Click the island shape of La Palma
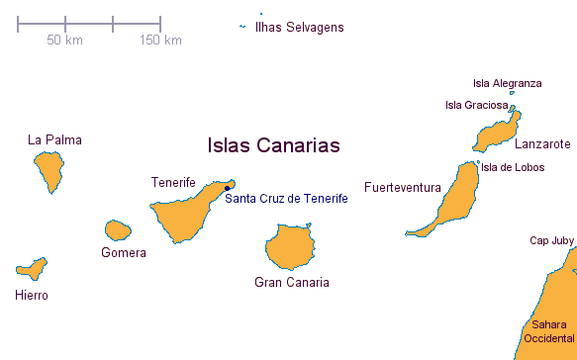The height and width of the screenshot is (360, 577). tap(49, 170)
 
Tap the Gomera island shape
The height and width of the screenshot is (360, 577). tap(118, 230)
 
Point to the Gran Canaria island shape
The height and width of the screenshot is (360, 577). tap(290, 246)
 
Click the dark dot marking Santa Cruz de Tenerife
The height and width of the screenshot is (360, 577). tap(227, 188)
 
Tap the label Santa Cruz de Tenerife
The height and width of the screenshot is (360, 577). tap(286, 199)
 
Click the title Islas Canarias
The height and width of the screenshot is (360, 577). tap(273, 145)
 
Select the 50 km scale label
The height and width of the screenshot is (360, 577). tap(64, 41)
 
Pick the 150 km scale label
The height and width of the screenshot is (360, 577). tap(160, 41)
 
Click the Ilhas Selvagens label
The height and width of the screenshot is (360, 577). tap(300, 28)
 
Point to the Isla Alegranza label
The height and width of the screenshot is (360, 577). tap(508, 83)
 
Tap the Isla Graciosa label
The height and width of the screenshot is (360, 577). tap(477, 105)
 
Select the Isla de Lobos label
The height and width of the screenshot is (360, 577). tap(513, 168)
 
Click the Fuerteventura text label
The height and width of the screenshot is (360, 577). tap(403, 188)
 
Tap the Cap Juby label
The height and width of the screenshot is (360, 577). tap(552, 241)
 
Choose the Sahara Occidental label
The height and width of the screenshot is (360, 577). tap(549, 331)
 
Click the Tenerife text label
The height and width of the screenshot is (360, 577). tap(173, 182)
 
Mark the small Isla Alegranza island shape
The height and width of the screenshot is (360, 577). tap(512, 93)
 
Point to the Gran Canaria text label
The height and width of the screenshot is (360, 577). tap(292, 283)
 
